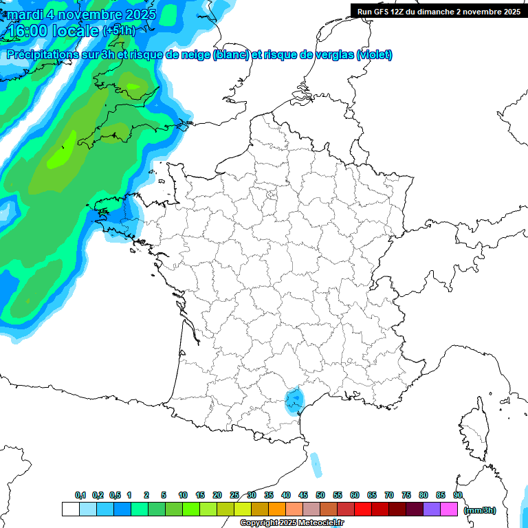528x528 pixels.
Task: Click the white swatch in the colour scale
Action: coord(70,509)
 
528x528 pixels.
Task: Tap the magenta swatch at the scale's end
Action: coord(449,509)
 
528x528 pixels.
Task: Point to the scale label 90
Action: coord(457,495)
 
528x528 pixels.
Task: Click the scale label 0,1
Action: coord(80,495)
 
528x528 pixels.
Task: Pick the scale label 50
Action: coord(320,495)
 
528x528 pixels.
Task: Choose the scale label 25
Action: coord(234,495)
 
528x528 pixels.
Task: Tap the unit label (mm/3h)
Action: coord(479,510)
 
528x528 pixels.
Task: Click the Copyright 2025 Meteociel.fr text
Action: coord(292,523)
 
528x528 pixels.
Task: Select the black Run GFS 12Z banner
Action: coord(439,11)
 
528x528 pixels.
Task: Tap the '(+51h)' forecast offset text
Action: coord(120,32)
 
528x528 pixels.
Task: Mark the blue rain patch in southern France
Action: coord(295,400)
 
